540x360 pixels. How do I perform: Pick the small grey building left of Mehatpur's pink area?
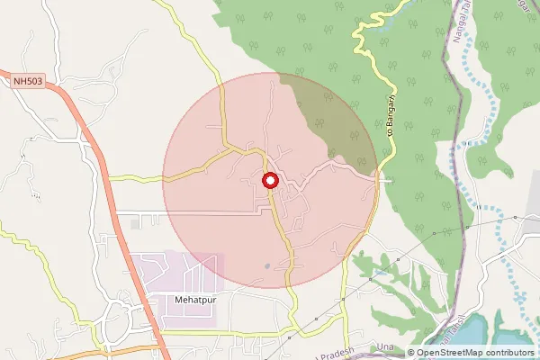coord(134,221)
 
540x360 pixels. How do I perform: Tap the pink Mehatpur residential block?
coord(175,270)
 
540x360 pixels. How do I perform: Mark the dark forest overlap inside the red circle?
coord(328,117)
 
